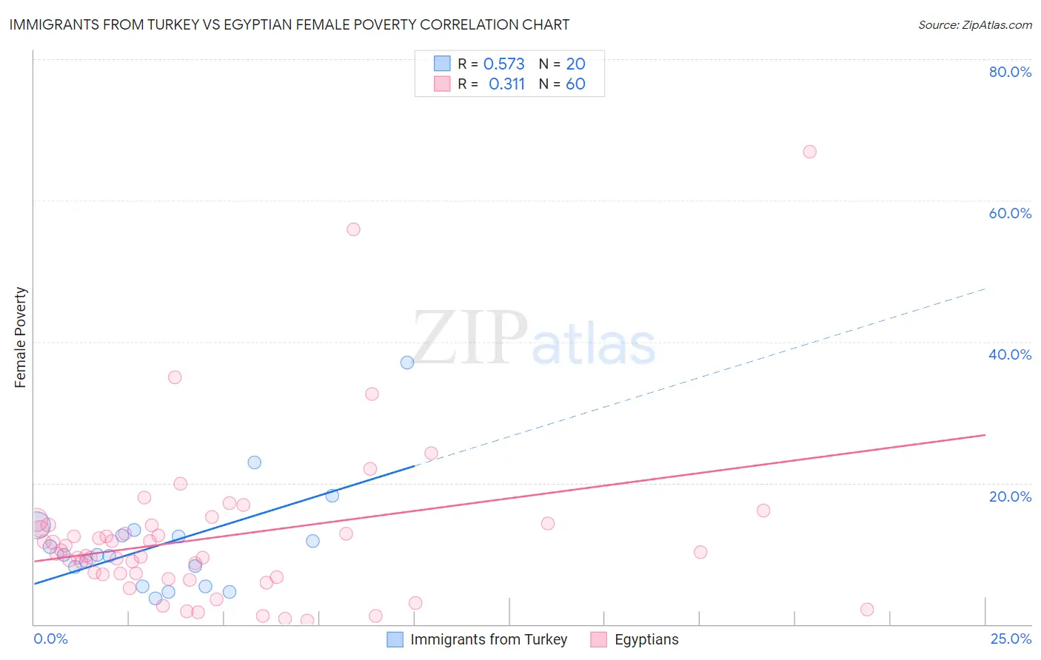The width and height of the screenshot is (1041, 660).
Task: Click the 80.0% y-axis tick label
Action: click(x=1010, y=72)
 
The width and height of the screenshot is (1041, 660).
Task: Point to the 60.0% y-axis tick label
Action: click(x=1010, y=213)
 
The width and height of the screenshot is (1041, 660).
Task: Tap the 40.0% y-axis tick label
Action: click(x=1010, y=354)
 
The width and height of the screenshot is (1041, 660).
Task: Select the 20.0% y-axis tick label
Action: click(x=1010, y=496)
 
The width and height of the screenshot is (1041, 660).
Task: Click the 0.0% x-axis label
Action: click(x=50, y=639)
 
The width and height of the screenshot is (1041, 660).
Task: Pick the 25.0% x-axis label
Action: click(x=1011, y=639)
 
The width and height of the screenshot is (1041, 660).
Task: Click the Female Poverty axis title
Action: click(x=21, y=337)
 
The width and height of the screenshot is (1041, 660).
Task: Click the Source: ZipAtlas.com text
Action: click(x=975, y=24)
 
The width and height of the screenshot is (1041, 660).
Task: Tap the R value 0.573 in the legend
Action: click(x=503, y=64)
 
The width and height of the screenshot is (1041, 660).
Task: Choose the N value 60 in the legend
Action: click(x=575, y=84)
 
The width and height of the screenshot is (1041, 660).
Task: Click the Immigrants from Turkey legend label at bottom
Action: click(x=489, y=639)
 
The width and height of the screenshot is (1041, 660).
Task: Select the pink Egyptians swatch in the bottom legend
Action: click(x=598, y=639)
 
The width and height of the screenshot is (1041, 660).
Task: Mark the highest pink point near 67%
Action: click(x=809, y=152)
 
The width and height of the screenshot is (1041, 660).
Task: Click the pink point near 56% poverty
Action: click(x=353, y=229)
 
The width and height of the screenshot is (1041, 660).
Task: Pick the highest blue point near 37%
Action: click(x=407, y=363)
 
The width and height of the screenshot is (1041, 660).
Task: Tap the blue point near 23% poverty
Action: click(x=254, y=462)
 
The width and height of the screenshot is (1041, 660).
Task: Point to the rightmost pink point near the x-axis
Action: click(x=867, y=610)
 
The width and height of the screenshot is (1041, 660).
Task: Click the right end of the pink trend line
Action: click(x=985, y=435)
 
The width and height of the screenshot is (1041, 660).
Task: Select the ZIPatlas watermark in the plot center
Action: click(x=534, y=338)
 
